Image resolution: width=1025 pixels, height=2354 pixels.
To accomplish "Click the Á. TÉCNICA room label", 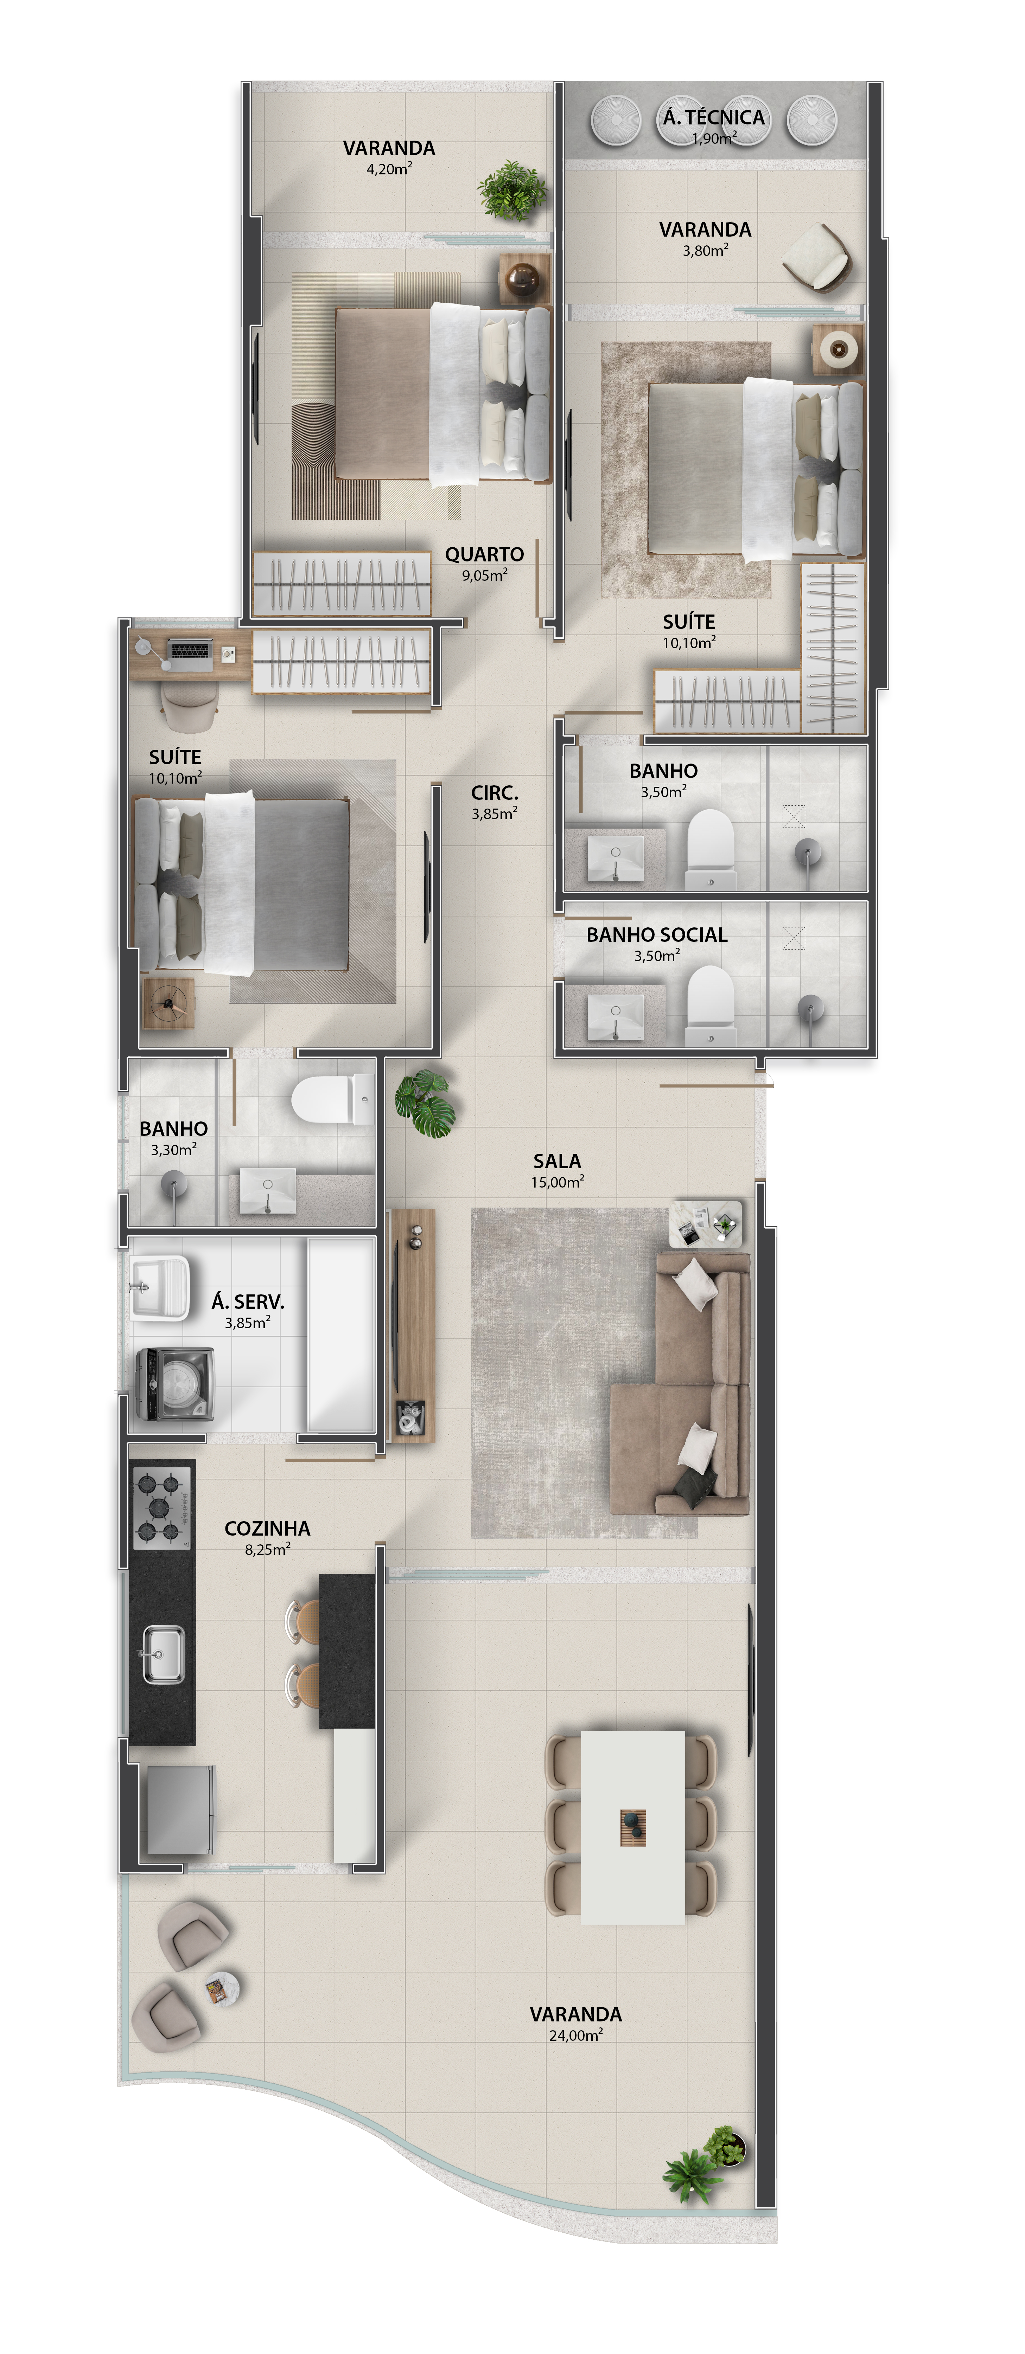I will click(713, 117).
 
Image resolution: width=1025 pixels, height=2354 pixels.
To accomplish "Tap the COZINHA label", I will click(267, 1528).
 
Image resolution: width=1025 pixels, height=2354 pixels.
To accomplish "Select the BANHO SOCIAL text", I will click(656, 934).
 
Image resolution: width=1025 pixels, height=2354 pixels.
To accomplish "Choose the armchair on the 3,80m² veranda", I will click(816, 257).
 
